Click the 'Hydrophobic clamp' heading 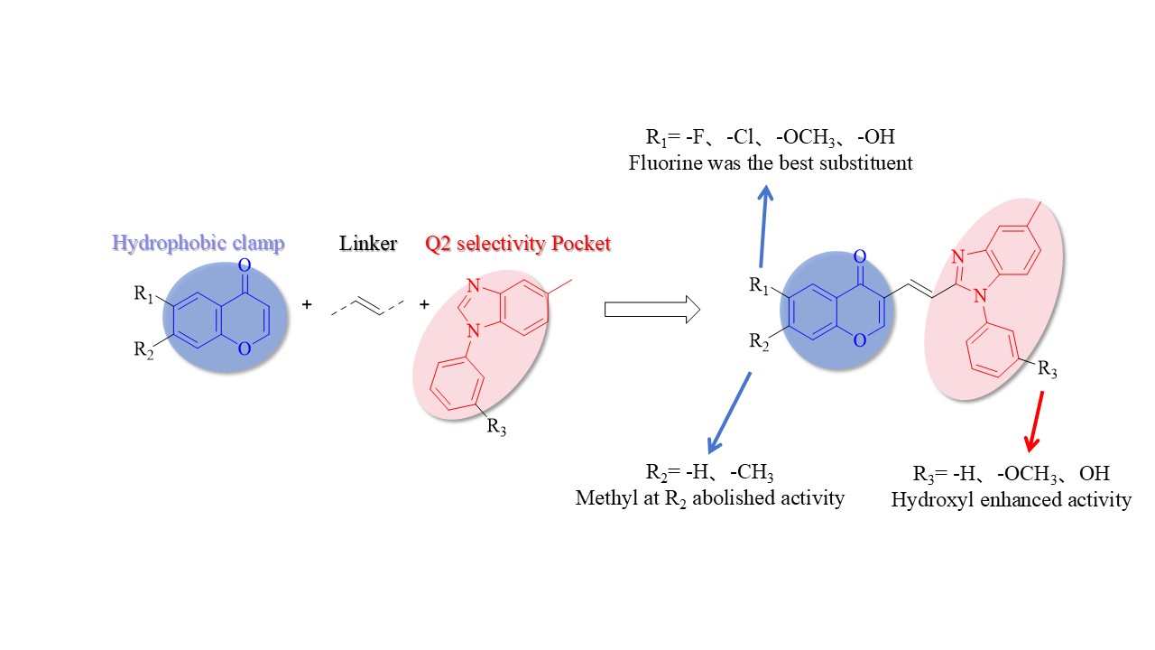198,244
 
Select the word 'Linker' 368,244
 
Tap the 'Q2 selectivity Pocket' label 518,244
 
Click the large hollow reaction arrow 652,310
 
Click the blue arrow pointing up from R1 764,227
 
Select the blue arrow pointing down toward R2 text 729,413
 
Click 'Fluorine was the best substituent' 771,163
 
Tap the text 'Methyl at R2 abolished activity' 709,499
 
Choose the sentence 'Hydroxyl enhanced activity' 1012,500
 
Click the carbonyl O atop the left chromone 245,265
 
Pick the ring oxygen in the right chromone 860,340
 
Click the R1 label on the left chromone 143,294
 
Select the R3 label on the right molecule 1048,369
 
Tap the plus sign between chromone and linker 307,304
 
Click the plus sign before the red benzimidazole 424,304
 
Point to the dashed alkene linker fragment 367,306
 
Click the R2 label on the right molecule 759,341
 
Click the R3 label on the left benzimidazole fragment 496,427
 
